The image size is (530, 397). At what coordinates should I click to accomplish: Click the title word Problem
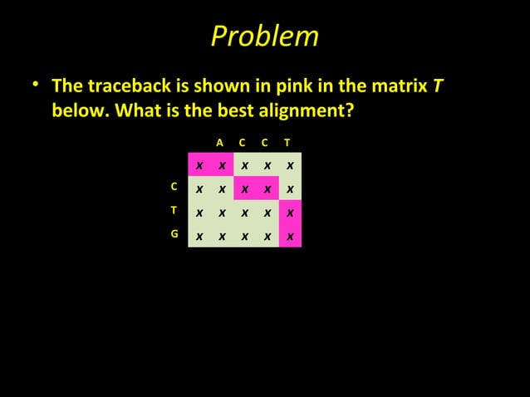coord(264,36)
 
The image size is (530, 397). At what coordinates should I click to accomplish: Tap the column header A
coord(219,142)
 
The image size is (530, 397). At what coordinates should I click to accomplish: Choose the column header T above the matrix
coord(287,142)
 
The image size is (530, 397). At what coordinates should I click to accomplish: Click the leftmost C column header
coord(242,142)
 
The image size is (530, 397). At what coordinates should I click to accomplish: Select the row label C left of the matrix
coord(174,187)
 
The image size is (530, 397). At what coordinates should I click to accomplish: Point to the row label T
coord(174,210)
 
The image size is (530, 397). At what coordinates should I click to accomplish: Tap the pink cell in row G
coord(290,237)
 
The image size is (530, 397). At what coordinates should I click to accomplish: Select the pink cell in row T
coord(290,213)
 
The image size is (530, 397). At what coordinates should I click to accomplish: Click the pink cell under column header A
coord(223,165)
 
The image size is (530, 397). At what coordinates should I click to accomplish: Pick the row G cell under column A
coord(223,237)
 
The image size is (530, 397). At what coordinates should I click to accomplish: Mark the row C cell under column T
coord(290,189)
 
